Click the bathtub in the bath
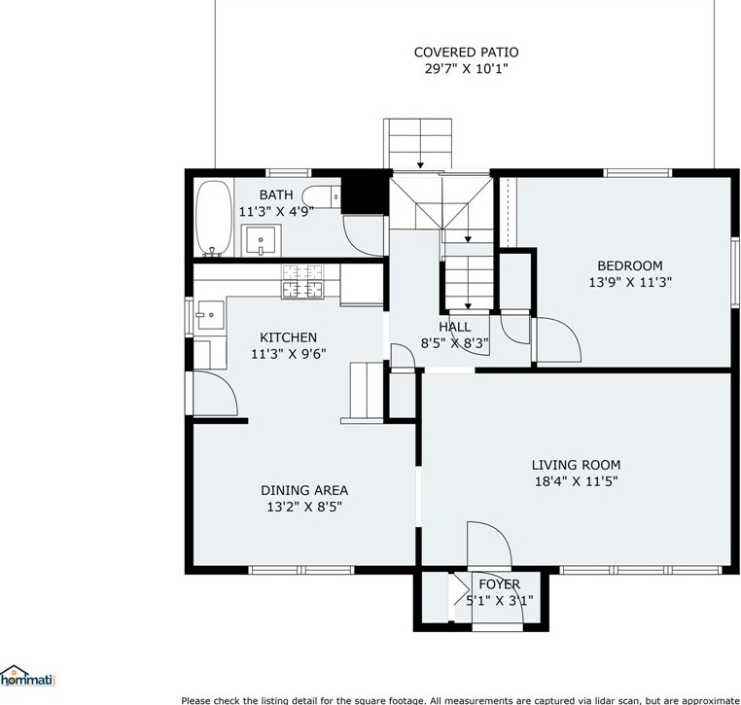point(213,217)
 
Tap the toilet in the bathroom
point(321,196)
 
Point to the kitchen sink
point(208,314)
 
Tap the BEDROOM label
point(629,265)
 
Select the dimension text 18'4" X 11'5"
point(576,480)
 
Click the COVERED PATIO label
point(466,53)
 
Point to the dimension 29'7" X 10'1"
point(466,69)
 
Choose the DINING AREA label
point(303,490)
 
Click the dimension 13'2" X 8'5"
point(303,507)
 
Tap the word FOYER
point(499,583)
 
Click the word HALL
point(454,327)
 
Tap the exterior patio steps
point(419,143)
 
